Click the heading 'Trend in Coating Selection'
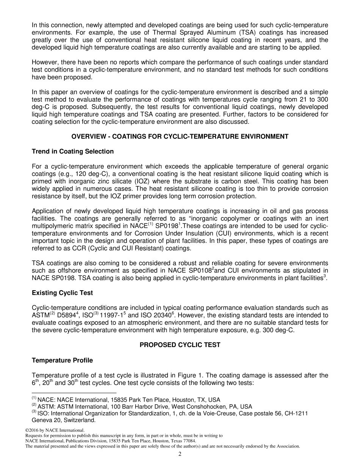coord(72,152)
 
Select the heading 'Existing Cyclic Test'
coord(62,293)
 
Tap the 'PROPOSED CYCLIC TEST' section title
coord(180,345)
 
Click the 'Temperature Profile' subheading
coord(62,360)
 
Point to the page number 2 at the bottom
coord(180,454)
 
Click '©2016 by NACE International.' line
coord(55,430)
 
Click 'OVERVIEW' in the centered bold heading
coord(89,137)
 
